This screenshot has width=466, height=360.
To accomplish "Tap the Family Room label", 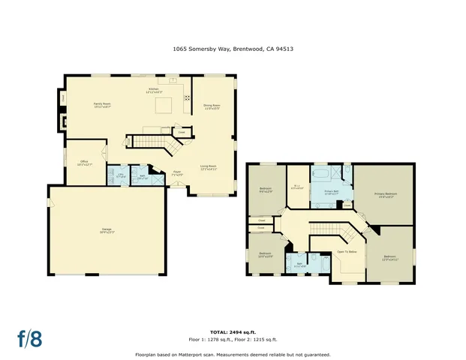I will pos(102,106).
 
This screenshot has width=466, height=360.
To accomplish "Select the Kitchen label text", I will pos(153,90).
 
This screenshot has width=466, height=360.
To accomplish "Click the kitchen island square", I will pos(163,107).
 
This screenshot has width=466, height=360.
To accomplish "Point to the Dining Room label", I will pos(212,106).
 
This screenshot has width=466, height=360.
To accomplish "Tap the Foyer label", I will pos(178,172).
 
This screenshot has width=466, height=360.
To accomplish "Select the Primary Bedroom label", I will pos(386,196).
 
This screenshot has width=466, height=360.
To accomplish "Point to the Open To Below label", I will pos(347,251).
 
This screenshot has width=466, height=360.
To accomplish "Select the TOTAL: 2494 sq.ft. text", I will pos(233,331).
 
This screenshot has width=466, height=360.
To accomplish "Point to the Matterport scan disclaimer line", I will pos(233,354).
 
